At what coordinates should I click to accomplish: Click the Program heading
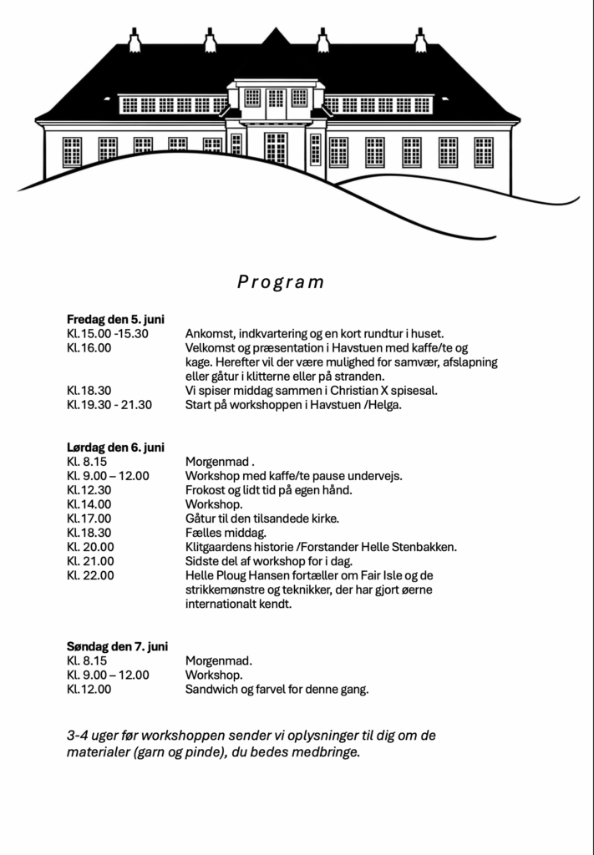pyautogui.click(x=281, y=282)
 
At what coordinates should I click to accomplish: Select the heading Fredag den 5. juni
pyautogui.click(x=115, y=319)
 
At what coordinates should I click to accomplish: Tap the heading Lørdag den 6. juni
pyautogui.click(x=115, y=448)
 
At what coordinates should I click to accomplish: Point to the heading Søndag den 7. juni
pyautogui.click(x=117, y=646)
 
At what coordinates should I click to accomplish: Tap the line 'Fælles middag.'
pyautogui.click(x=226, y=533)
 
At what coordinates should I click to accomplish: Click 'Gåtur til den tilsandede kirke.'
pyautogui.click(x=262, y=519)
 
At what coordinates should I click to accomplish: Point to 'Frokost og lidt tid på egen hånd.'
pyautogui.click(x=268, y=490)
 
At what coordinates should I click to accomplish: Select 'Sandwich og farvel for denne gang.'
pyautogui.click(x=277, y=690)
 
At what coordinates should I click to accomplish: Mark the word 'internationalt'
pyautogui.click(x=224, y=604)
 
